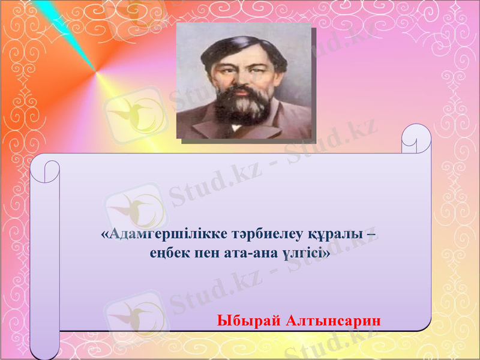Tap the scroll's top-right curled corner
[416, 139]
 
